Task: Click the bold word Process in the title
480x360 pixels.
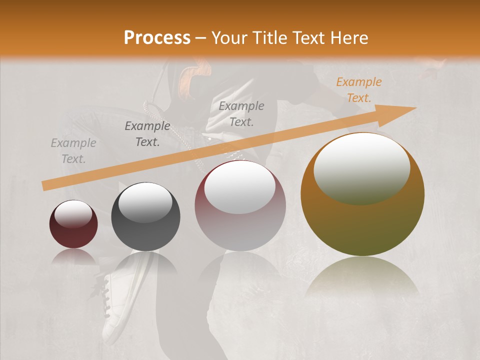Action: click(x=157, y=38)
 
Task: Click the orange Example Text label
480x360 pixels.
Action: click(x=358, y=90)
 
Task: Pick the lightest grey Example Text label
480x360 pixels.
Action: click(x=73, y=151)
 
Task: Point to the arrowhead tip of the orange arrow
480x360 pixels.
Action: click(x=415, y=107)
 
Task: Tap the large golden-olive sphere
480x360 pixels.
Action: click(x=362, y=225)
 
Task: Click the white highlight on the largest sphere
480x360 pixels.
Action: click(x=361, y=168)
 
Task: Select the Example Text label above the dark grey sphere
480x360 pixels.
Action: click(x=147, y=134)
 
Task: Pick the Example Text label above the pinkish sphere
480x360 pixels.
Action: click(x=241, y=113)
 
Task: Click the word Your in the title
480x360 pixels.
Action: click(x=229, y=38)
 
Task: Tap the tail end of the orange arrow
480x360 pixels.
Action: click(x=44, y=186)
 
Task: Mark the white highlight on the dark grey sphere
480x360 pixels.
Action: click(x=145, y=202)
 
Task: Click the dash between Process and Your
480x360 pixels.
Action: click(x=201, y=38)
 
